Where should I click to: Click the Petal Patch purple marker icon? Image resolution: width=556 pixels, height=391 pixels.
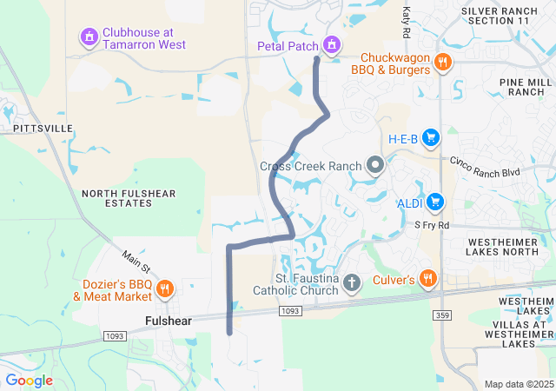331,44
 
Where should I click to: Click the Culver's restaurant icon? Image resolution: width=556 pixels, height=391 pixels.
427,279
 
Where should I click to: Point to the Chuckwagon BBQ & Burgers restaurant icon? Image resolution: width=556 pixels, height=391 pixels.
443,62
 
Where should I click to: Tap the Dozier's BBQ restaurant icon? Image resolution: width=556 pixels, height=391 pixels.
166,288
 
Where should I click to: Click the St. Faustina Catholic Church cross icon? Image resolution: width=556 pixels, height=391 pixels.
352,282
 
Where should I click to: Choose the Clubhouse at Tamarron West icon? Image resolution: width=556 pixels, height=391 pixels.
89,37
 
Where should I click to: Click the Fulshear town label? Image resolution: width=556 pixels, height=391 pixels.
169,321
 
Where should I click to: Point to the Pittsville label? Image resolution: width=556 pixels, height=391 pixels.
43,128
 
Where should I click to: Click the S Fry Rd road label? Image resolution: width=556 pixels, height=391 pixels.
432,225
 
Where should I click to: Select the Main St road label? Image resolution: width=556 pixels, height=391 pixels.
136,259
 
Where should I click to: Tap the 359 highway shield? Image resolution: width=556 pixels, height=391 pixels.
443,315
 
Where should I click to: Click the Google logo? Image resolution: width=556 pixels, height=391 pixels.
29,381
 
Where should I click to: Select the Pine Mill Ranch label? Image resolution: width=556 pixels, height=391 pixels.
520,86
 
